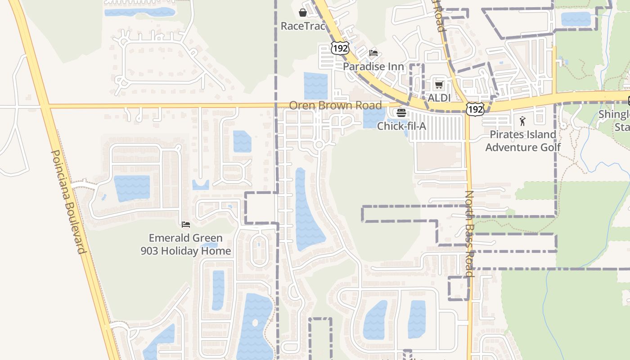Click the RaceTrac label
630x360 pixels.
[x=302, y=26]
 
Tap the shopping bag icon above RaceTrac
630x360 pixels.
[x=302, y=13]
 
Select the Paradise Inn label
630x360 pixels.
[x=373, y=67]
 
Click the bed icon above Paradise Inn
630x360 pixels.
[x=373, y=53]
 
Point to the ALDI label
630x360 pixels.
[x=439, y=98]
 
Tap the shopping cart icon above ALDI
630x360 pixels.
[x=439, y=85]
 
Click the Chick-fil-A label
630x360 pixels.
[x=401, y=126]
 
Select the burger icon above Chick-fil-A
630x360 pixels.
[x=401, y=112]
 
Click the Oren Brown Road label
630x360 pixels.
[x=335, y=105]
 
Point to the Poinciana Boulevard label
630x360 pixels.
[x=68, y=202]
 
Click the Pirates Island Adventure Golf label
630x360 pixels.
[x=523, y=141]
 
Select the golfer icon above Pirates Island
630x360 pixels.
[x=522, y=121]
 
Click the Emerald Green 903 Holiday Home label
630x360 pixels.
[x=186, y=244]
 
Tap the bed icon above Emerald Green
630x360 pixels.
[x=186, y=224]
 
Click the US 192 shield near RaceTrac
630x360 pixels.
[x=340, y=48]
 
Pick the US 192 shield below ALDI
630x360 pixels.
[x=475, y=109]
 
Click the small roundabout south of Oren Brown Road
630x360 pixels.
[x=319, y=144]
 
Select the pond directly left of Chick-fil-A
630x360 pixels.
[x=371, y=118]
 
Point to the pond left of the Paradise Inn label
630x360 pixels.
[x=316, y=85]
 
